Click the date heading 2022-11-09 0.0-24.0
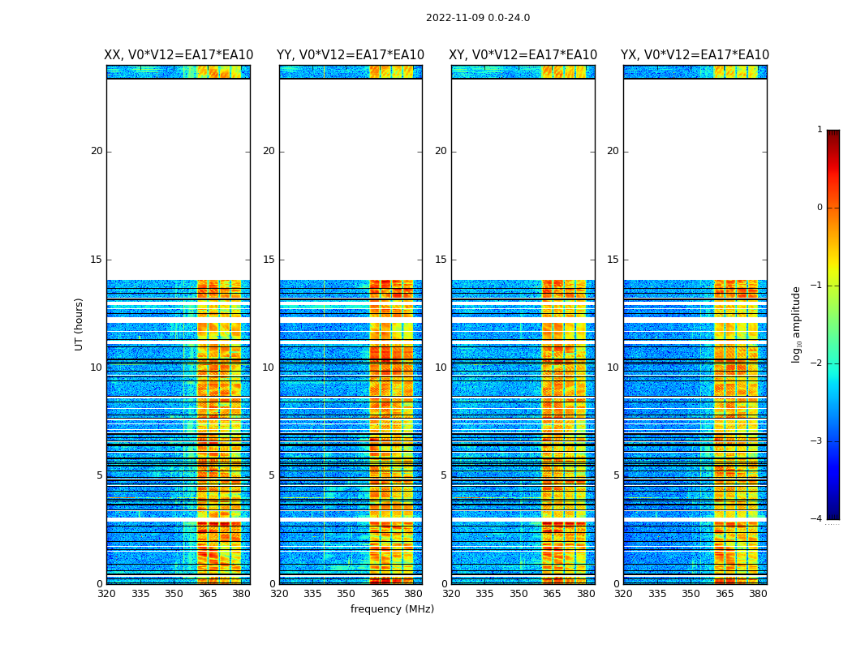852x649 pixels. coord(477,18)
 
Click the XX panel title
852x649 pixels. coord(179,55)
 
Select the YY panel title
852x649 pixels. coord(351,55)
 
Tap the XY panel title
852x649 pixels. coord(523,55)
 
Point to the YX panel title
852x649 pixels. coord(695,55)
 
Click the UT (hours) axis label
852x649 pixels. coord(80,324)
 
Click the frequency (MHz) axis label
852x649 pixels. coord(392,609)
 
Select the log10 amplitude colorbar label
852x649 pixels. coord(797,324)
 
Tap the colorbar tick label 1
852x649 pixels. coord(820,130)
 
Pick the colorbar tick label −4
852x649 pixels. coord(817,519)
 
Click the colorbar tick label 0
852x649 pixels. coord(820,208)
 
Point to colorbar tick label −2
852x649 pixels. coord(817,363)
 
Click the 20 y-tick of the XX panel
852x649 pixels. coord(97,151)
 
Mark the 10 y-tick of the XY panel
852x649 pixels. coord(441,367)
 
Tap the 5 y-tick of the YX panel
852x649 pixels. coord(616,475)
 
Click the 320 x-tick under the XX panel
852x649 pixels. coord(106,594)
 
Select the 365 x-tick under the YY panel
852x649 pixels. coord(380,594)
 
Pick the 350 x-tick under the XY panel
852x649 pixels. coord(519,594)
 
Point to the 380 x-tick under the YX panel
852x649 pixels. coord(758,594)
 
